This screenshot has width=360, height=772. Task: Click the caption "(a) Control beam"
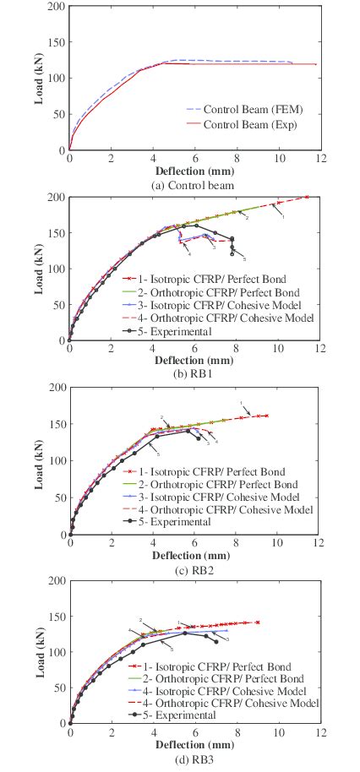(194, 184)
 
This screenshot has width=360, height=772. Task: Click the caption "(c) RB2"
(194, 567)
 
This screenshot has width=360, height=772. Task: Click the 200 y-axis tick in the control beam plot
(57, 7)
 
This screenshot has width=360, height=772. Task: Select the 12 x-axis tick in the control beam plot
(318, 159)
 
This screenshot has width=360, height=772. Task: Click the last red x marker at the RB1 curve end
(307, 197)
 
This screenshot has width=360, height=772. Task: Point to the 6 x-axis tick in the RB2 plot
(194, 543)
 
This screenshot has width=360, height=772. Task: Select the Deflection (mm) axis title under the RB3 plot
(194, 745)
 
